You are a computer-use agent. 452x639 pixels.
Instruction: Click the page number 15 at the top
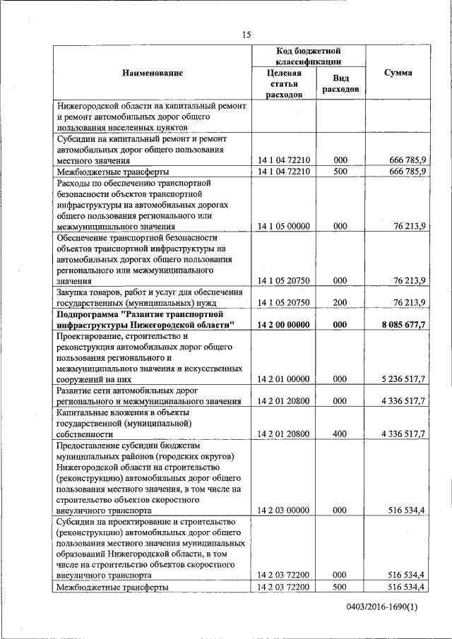[246, 35]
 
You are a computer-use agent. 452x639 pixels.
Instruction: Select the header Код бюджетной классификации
[309, 56]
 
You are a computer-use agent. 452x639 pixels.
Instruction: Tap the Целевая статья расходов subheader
[284, 83]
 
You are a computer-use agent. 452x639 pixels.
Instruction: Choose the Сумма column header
[398, 73]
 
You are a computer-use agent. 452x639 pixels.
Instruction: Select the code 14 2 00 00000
[284, 324]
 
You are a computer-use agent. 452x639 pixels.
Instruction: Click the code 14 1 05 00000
[284, 226]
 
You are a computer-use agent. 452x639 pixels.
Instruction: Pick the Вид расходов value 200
[340, 302]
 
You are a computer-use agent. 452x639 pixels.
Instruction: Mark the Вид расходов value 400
[340, 433]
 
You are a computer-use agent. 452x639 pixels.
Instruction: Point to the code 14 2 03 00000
[284, 509]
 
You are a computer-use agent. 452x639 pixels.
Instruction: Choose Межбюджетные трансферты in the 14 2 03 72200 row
[112, 587]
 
